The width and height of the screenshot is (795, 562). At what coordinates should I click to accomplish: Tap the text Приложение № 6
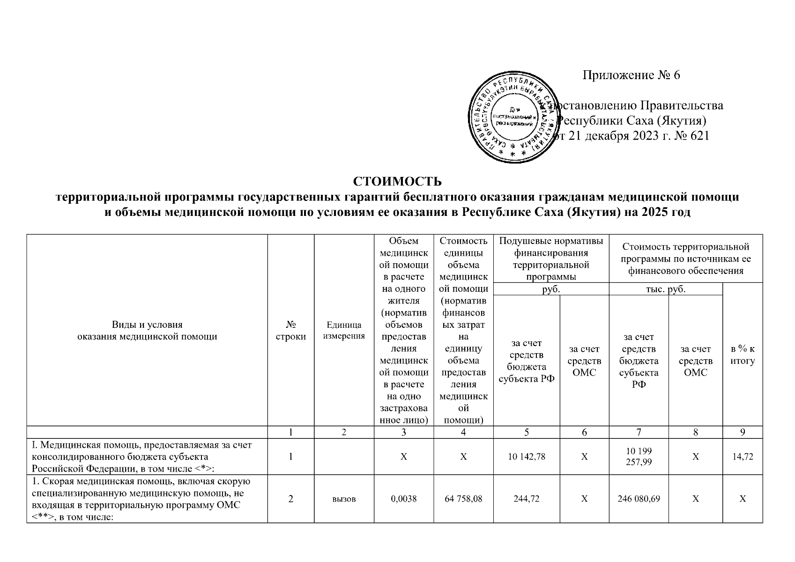631,75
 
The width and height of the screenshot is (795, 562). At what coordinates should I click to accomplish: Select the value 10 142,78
527,457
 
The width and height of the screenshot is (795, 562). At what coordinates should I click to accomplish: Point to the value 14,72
743,457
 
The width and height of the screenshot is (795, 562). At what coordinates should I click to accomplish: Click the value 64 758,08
463,499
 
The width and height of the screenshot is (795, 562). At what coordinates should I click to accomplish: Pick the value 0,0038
403,499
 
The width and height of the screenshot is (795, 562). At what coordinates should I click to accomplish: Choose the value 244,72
527,499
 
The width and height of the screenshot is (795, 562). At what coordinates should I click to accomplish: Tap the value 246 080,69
639,499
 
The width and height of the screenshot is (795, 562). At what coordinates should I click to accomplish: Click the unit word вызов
344,499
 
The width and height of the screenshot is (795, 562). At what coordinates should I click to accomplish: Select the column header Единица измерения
344,330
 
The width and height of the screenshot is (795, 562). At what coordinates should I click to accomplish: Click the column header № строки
291,330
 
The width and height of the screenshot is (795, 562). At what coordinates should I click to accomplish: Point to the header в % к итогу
743,355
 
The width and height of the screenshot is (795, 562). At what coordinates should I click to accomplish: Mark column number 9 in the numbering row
743,433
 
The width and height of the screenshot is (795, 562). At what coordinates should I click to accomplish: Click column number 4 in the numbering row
463,433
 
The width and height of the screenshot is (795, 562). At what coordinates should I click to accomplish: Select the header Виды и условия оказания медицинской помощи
147,330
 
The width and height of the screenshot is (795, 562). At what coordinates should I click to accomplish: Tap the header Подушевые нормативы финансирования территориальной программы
551,259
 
